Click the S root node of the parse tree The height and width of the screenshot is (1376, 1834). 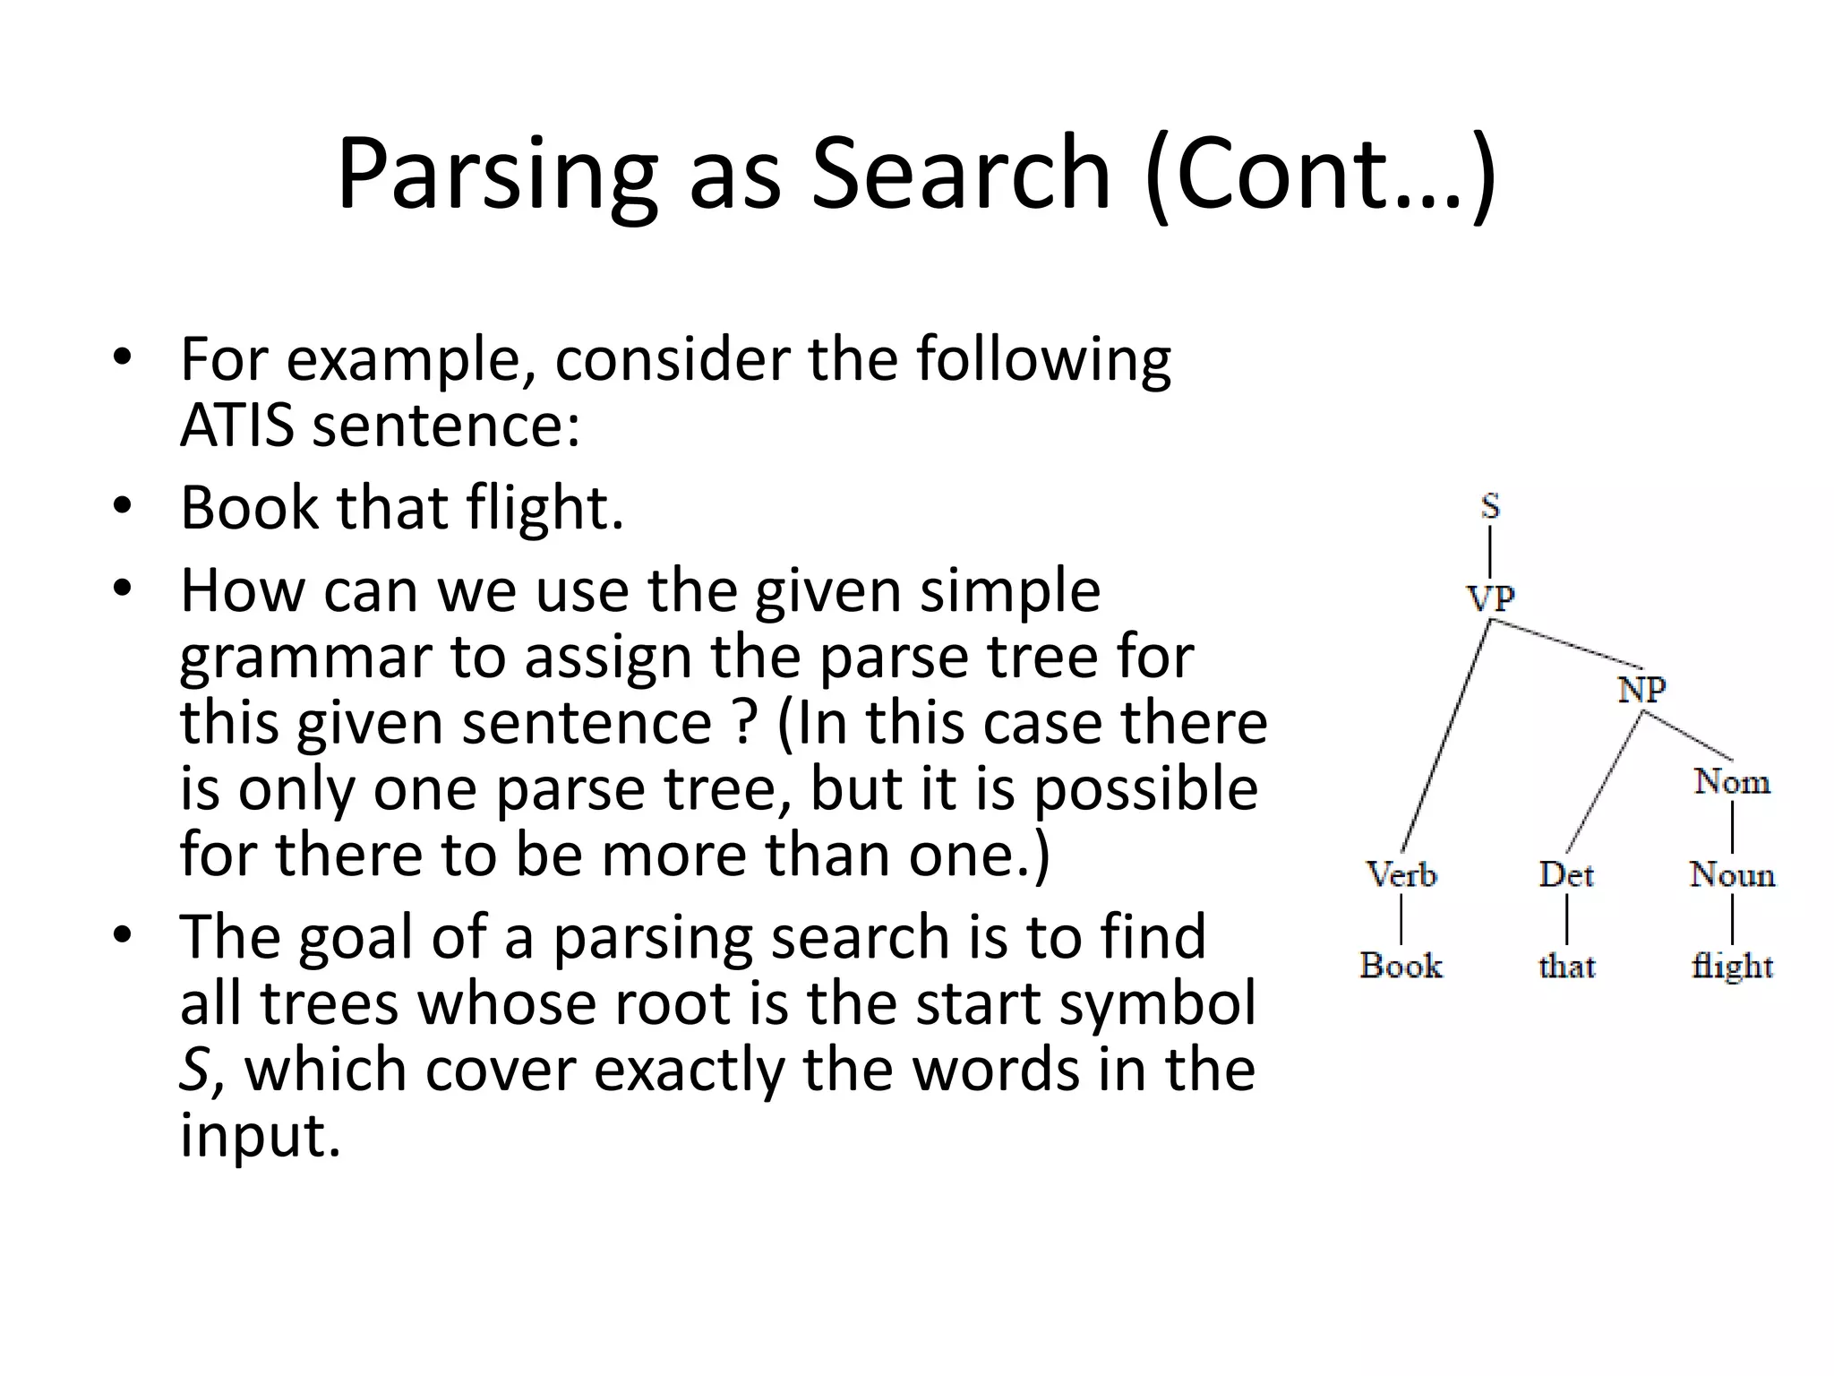1490,506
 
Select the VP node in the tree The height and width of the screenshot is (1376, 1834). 1490,598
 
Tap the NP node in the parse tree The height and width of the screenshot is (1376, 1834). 1642,690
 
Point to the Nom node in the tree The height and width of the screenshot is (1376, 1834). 1732,782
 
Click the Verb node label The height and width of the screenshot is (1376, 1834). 1401,874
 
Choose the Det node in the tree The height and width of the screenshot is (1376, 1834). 1566,874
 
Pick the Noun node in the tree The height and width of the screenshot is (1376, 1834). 1732,874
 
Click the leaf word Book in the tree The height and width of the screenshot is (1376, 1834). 1401,966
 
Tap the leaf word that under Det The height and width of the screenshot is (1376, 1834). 1566,966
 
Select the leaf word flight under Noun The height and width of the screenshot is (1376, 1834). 1732,966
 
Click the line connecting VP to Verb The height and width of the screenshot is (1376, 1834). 1445,735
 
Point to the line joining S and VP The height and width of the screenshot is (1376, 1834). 1490,552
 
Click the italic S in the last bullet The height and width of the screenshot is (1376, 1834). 194,1070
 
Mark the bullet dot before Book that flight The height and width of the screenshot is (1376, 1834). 123,505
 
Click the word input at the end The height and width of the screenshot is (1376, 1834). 260,1136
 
